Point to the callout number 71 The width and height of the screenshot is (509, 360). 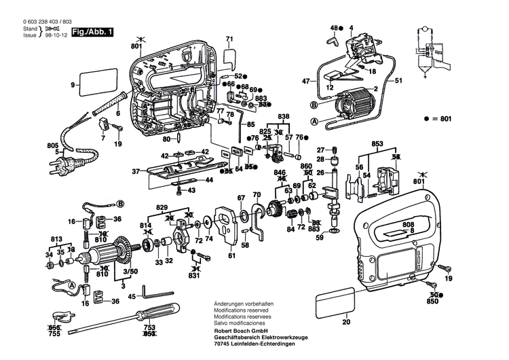coord(229,39)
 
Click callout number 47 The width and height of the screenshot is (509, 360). coord(305,81)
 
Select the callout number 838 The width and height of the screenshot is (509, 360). coord(283,117)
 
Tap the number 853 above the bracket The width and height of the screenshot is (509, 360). coord(378,143)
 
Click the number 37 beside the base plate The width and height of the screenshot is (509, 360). coord(135,171)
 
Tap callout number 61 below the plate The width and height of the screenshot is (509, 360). coord(231,255)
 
